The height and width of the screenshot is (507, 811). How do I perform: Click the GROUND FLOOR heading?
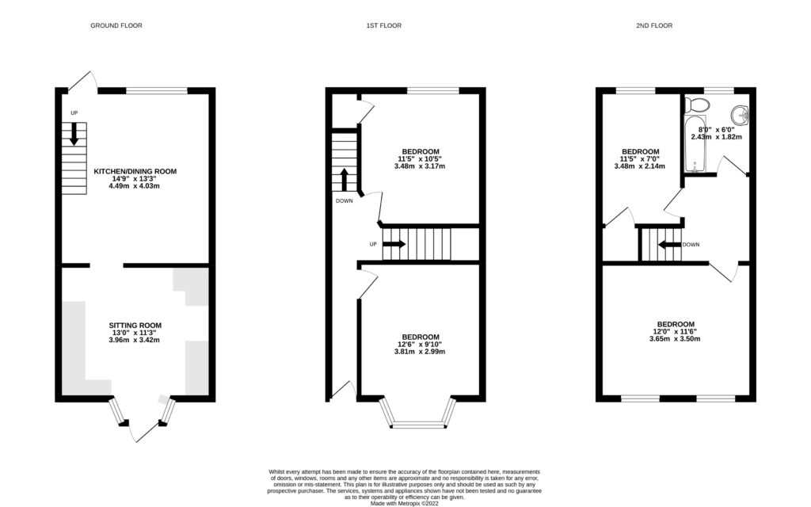[x=116, y=25]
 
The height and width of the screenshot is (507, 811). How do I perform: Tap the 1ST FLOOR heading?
[x=383, y=25]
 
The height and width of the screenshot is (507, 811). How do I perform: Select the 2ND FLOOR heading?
[x=654, y=25]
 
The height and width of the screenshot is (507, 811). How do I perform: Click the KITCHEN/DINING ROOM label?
[x=135, y=171]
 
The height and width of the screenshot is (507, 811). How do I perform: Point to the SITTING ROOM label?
[x=135, y=325]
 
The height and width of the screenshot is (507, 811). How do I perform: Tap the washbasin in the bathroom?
[x=740, y=116]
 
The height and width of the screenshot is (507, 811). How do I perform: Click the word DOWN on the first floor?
[x=345, y=200]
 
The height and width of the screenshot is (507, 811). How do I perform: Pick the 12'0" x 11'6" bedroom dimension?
[x=675, y=331]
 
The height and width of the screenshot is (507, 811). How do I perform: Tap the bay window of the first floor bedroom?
[x=421, y=414]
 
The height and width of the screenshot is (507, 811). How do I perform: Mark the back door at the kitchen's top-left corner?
[x=81, y=80]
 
